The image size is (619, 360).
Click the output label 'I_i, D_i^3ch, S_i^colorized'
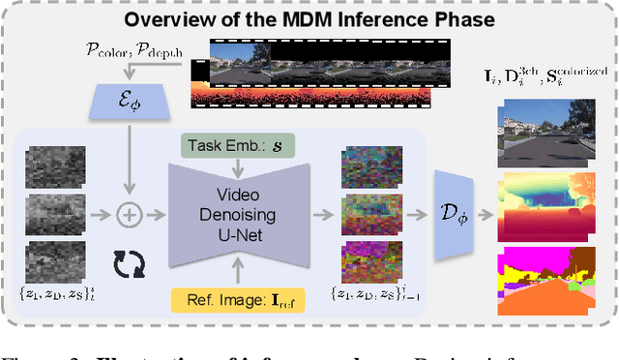(545, 74)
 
